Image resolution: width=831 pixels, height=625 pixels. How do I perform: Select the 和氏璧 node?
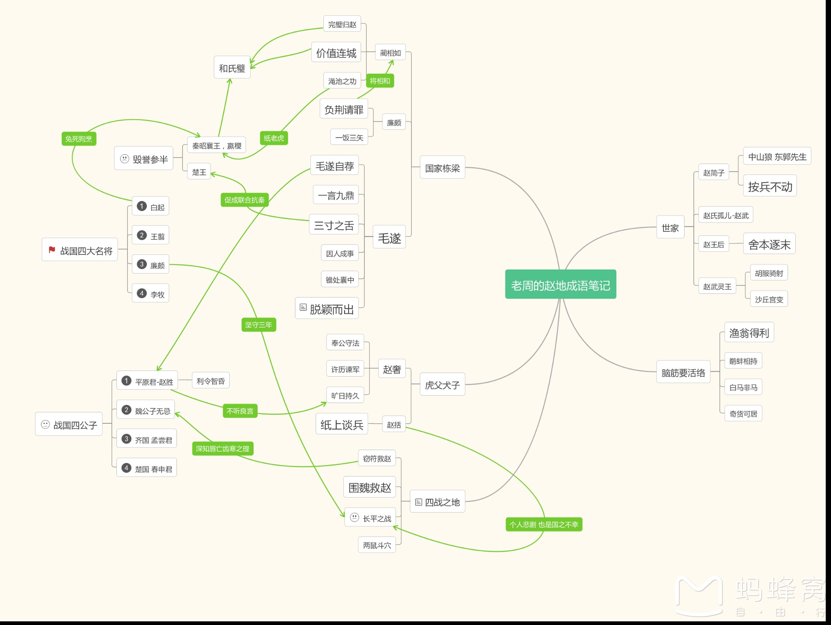pos(232,68)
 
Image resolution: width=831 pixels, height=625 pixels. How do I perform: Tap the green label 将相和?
pos(380,81)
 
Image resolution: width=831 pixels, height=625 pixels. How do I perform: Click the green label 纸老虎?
pos(274,138)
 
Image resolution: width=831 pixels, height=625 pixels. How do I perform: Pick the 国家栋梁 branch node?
pos(442,168)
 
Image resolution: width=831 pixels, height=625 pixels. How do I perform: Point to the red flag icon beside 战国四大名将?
pos(52,250)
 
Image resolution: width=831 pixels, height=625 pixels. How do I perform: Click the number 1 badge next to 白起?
pos(142,206)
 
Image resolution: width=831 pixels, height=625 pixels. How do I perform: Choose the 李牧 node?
pos(151,293)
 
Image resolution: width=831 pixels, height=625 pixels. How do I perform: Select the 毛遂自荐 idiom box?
pos(335,166)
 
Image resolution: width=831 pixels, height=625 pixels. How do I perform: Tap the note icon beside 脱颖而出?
pos(303,308)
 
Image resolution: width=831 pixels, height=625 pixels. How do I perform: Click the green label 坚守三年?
pos(259,325)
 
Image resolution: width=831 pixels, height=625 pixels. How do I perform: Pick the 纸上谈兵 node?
pos(342,425)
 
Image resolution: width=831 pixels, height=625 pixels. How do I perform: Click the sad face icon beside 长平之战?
pos(355,517)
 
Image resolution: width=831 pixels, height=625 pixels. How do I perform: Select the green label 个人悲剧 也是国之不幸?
pos(544,524)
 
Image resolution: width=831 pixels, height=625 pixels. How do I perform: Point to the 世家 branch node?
pos(670,228)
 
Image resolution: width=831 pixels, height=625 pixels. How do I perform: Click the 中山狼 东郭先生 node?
pos(777,157)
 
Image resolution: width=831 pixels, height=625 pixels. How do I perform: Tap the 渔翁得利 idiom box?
pos(749,333)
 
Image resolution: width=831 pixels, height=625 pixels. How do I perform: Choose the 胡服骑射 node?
pos(769,273)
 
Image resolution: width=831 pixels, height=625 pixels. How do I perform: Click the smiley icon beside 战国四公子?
pos(45,425)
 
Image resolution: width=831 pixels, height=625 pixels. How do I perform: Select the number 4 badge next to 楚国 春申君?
pos(126,468)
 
